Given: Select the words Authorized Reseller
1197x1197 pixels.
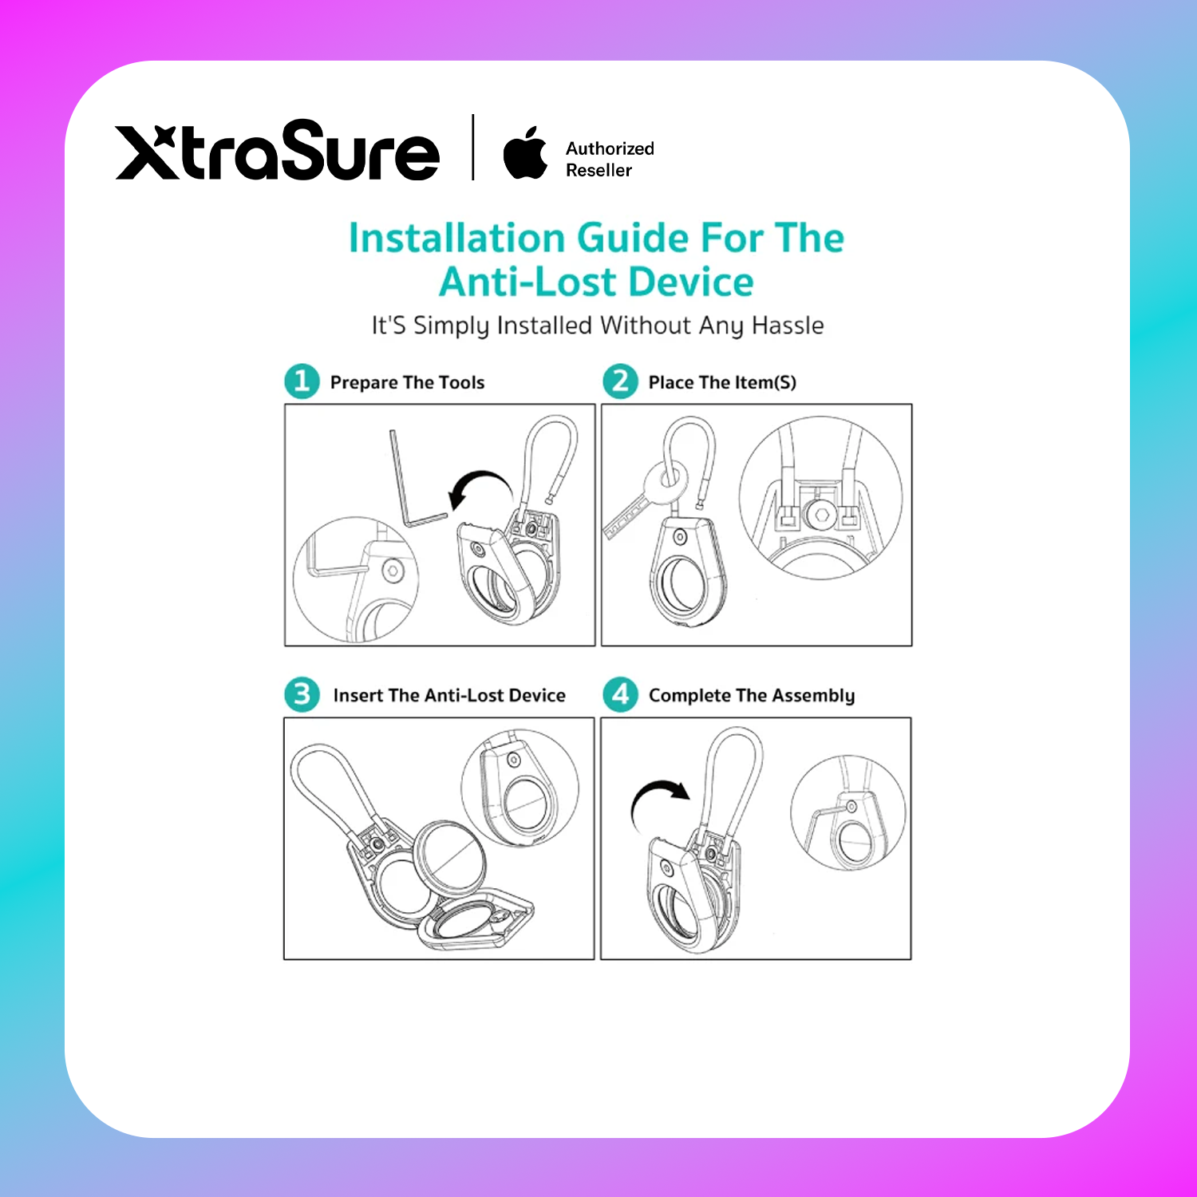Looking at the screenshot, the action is coord(610,159).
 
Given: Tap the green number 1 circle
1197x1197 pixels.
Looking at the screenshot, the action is coord(302,381).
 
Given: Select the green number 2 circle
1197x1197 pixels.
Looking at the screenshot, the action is coord(620,381).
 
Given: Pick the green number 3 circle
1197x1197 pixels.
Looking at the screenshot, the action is coord(302,694).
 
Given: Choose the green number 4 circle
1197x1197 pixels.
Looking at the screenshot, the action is coord(620,694).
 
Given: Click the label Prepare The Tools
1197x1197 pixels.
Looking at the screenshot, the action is coord(407,383).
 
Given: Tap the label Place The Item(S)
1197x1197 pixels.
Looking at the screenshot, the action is coord(722,383).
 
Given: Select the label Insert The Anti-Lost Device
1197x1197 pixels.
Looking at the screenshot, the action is coord(449,695).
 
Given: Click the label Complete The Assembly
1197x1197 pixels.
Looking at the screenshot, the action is coord(752,696).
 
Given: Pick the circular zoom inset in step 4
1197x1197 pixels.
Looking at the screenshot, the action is coord(848,813).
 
